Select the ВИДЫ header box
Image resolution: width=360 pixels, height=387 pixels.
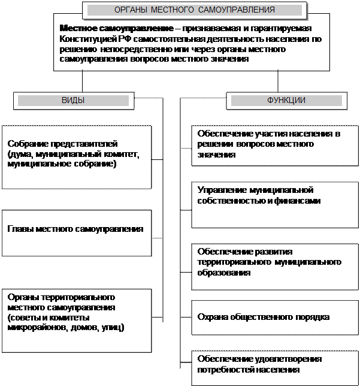pyautogui.click(x=73, y=101)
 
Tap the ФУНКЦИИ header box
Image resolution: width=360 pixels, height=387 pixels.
pyautogui.click(x=286, y=101)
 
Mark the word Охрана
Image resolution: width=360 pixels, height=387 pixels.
pyautogui.click(x=211, y=317)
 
